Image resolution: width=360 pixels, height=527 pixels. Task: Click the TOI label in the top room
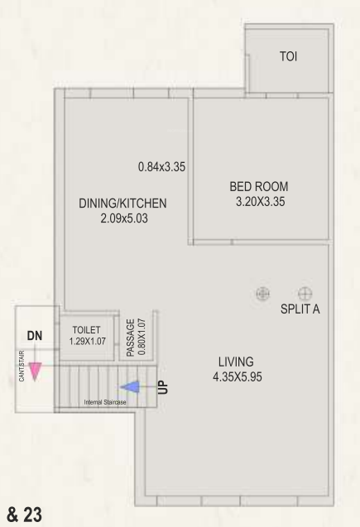[290, 57]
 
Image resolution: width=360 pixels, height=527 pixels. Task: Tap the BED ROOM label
[259, 186]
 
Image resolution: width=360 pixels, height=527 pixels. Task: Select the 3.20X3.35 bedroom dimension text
[259, 201]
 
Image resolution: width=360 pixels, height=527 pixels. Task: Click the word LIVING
[236, 362]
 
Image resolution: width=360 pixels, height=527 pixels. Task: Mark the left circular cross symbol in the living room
[263, 293]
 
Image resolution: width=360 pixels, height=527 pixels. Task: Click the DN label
[34, 337]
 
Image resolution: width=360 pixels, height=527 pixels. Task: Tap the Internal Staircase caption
[104, 402]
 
